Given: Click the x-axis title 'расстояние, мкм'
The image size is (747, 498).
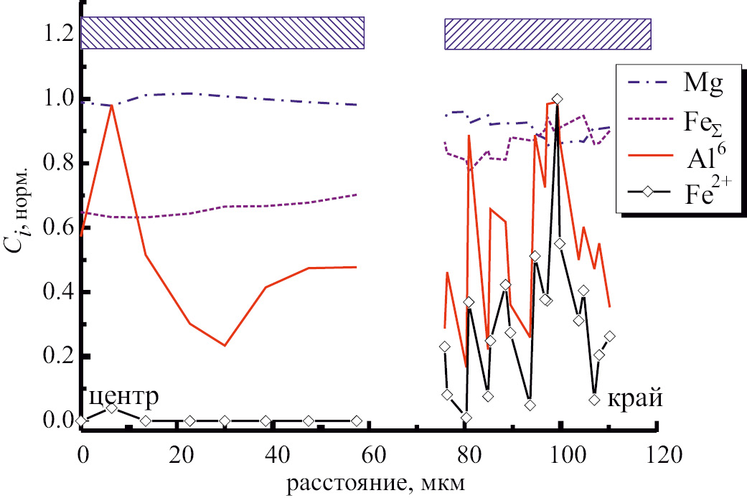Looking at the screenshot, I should [x=376, y=481].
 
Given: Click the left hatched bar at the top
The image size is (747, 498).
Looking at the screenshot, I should [x=223, y=33].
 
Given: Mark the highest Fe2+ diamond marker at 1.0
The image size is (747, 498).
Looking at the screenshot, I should [x=557, y=99].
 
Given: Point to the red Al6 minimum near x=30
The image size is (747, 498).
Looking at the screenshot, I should [x=225, y=345].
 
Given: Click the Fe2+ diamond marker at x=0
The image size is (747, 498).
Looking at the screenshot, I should [x=82, y=421].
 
